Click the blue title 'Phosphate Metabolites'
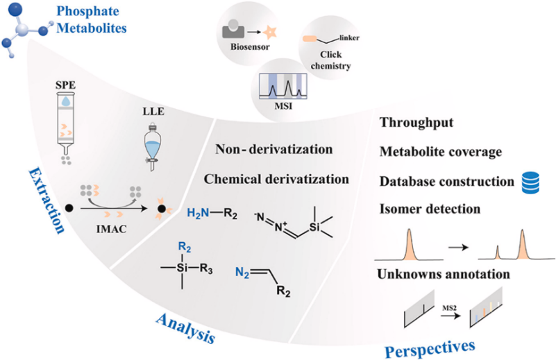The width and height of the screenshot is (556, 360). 96,22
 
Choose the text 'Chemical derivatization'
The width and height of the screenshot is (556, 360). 276,179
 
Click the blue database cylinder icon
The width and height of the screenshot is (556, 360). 529,181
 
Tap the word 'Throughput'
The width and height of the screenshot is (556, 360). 416,123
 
